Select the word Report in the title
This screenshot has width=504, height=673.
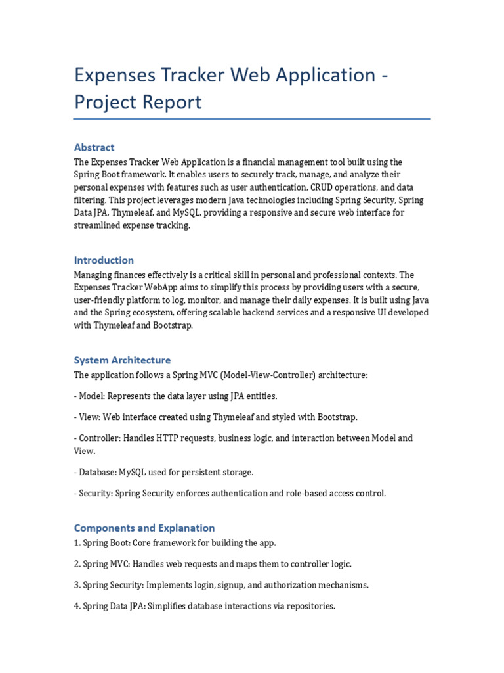point(170,103)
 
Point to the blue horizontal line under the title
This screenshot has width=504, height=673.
point(251,119)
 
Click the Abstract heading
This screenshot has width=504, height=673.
point(94,147)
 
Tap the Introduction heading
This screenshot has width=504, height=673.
point(104,260)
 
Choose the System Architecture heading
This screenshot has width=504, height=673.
point(122,360)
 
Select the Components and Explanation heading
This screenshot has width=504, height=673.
point(144,528)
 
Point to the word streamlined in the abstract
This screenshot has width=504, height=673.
point(98,225)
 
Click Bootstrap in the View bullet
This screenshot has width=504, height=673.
point(337,417)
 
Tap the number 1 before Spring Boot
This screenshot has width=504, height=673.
point(76,543)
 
